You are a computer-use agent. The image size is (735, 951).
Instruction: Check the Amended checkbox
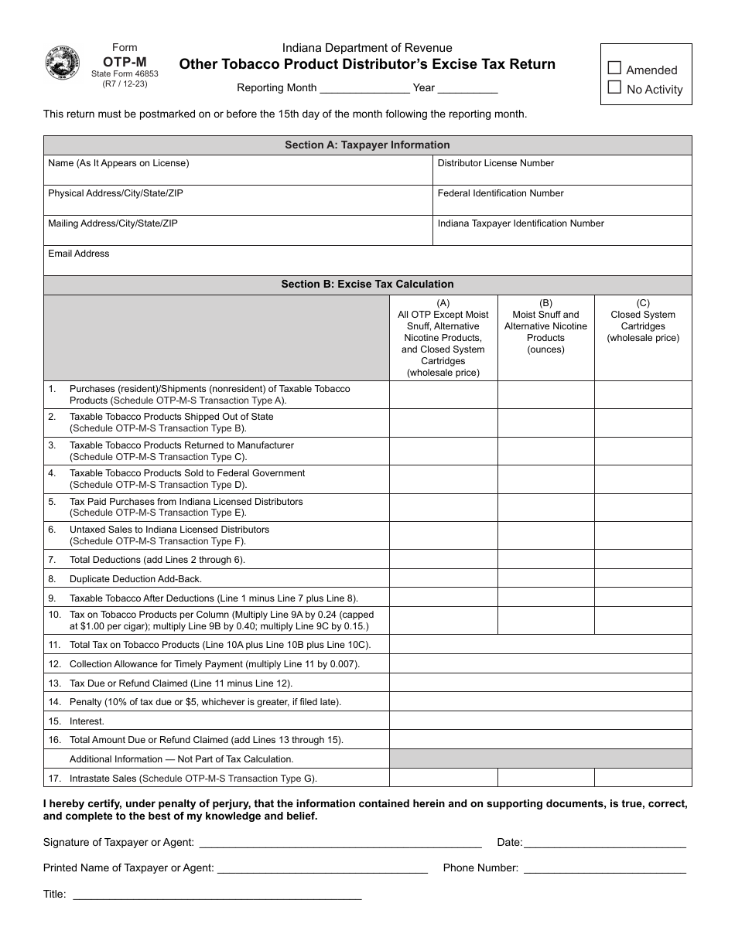[614, 69]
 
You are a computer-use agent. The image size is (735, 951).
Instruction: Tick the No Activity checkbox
[614, 88]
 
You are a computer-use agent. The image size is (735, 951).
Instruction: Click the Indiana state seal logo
[63, 63]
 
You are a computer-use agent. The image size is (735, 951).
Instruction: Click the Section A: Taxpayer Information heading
[367, 145]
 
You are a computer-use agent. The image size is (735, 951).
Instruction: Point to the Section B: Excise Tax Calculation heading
[367, 284]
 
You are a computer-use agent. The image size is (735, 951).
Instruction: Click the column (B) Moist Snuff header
[545, 326]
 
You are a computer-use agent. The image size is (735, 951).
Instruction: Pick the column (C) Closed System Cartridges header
[643, 321]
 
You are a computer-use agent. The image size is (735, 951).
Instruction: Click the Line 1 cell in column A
[443, 394]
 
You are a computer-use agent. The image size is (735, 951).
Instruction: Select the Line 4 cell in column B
[545, 479]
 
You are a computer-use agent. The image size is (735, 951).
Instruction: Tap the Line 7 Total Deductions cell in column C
[643, 559]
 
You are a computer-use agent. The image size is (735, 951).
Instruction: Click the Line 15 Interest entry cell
[540, 721]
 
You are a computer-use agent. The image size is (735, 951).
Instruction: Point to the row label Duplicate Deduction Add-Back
[135, 578]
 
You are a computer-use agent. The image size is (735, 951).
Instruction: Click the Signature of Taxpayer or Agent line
[340, 842]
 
